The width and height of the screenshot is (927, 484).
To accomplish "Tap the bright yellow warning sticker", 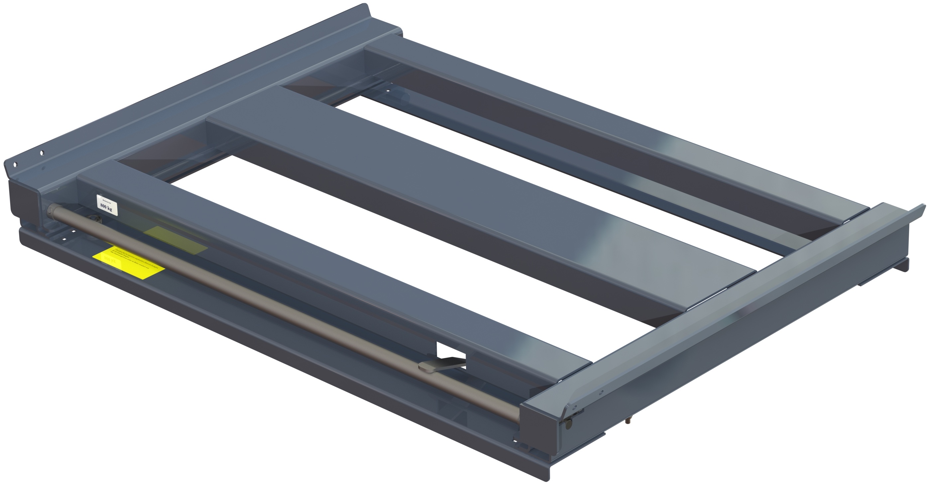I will tap(128, 263).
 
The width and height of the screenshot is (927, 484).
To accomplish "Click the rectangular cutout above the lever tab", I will tap(451, 349).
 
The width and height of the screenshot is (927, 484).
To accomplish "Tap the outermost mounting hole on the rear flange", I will tap(15, 165).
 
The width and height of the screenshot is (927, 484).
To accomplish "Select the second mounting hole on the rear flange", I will tap(42, 153).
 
